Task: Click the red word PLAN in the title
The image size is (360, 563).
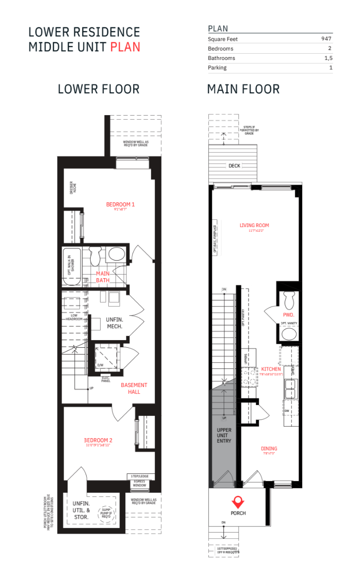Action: pyautogui.click(x=125, y=46)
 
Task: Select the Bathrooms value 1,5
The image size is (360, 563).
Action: pyautogui.click(x=328, y=58)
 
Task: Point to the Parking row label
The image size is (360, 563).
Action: pyautogui.click(x=217, y=68)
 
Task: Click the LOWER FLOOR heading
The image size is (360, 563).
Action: pyautogui.click(x=99, y=89)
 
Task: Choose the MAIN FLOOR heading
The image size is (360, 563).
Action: pyautogui.click(x=243, y=89)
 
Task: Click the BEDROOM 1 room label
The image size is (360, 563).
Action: pyautogui.click(x=120, y=204)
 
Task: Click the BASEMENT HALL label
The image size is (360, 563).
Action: pyautogui.click(x=134, y=388)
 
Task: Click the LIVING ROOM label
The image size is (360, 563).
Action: pyautogui.click(x=254, y=225)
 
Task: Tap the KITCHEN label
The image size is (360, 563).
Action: pyautogui.click(x=271, y=369)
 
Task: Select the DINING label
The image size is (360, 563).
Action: pyautogui.click(x=269, y=448)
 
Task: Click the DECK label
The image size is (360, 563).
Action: pyautogui.click(x=234, y=166)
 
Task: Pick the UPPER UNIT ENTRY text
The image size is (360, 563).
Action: pyautogui.click(x=224, y=435)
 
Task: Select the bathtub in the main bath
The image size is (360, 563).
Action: pyautogui.click(x=72, y=266)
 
